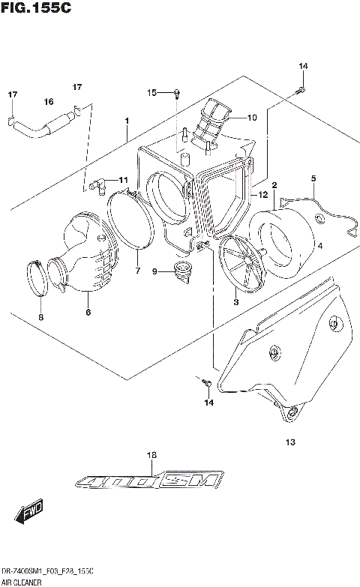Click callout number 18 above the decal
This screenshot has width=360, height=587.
tap(151, 455)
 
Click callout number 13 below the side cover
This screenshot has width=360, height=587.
tap(290, 442)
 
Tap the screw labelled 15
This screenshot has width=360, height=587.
tap(177, 93)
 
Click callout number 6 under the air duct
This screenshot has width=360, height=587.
tap(88, 312)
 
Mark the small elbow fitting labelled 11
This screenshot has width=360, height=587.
tap(97, 182)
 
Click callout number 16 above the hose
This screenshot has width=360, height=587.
tap(48, 102)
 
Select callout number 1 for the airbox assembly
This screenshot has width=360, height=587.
tap(127, 121)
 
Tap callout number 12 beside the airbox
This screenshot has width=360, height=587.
tap(262, 195)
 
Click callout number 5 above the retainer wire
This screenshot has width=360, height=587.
tap(314, 178)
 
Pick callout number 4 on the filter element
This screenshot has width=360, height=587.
tap(319, 244)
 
